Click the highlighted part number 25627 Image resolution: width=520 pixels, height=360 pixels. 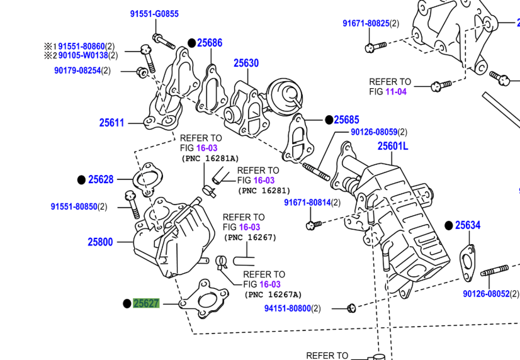[146, 303]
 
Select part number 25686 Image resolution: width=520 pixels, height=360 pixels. [210, 43]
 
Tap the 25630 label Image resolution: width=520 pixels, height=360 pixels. [246, 63]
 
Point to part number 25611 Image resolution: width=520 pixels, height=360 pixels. [112, 123]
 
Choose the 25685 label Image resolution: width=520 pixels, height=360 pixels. [346, 120]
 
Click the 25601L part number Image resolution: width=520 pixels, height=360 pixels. [393, 147]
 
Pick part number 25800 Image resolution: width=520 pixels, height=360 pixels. [100, 242]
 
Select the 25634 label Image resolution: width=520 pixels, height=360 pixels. [468, 225]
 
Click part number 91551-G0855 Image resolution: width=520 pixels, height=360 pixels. [154, 14]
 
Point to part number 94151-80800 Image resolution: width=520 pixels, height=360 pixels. [287, 308]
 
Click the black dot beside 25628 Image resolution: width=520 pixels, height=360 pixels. [81, 180]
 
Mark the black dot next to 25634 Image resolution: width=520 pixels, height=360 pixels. [449, 225]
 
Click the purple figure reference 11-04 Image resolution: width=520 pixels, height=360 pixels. [397, 91]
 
